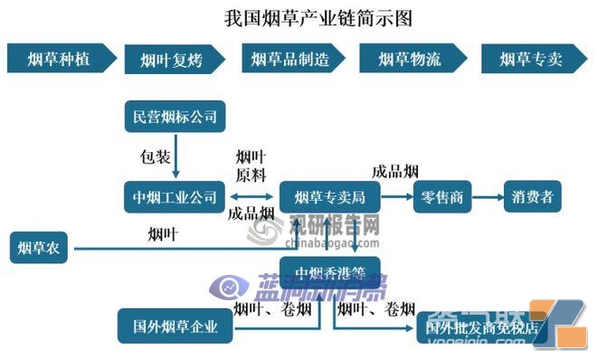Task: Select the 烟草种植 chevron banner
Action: pos(62,59)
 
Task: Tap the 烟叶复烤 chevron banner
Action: pos(177,60)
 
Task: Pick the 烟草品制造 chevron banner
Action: pos(296,59)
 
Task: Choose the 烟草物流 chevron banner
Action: pos(412,59)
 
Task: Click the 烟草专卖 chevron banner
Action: pos(531,59)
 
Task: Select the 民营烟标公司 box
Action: pos(174,116)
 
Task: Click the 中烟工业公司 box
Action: pos(174,195)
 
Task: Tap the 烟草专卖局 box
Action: pos(322,196)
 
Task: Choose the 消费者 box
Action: pos(532,196)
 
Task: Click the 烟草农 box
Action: pos(40,248)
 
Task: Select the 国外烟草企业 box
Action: pos(175,326)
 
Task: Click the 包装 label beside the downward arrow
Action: pos(155,156)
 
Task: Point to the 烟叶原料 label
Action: pos(251,166)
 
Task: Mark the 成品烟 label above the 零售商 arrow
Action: pos(395,172)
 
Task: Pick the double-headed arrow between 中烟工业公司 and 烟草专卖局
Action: pos(252,196)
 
